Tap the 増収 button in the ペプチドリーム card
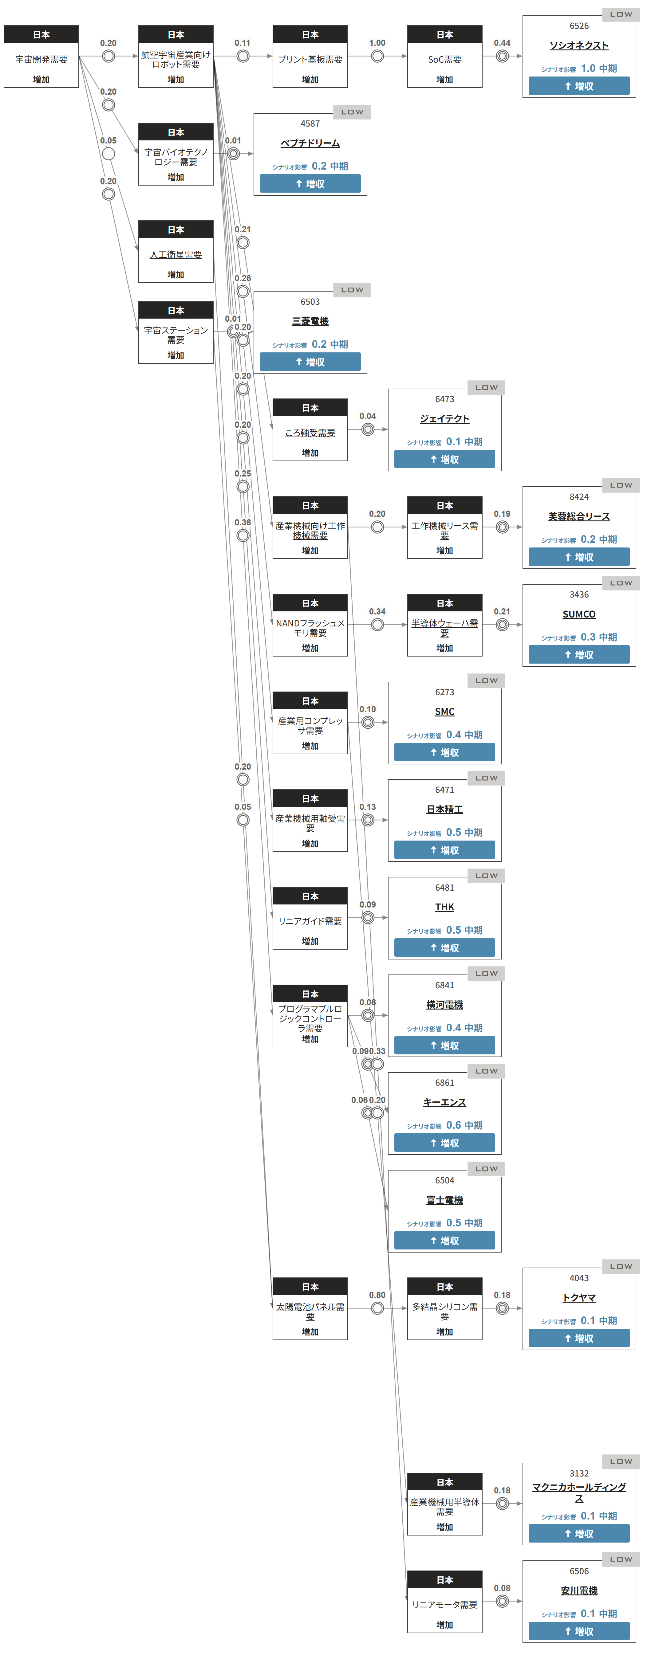tap(310, 184)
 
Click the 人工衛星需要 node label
tap(176, 254)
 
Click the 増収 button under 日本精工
tap(444, 850)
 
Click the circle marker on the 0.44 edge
tap(502, 57)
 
